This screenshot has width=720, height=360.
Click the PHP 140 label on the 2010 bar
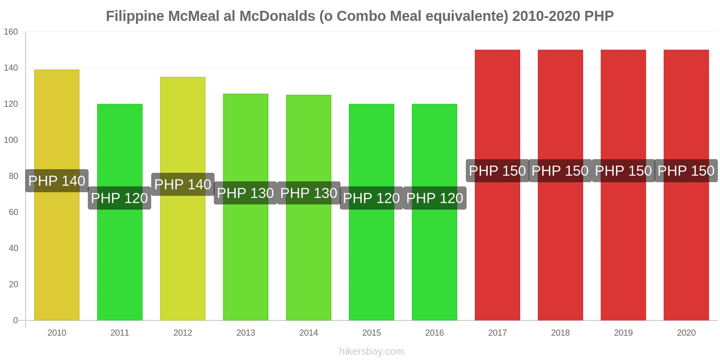(x=57, y=181)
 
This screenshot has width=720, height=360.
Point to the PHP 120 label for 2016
(x=435, y=198)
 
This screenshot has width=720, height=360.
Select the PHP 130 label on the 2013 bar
(x=245, y=193)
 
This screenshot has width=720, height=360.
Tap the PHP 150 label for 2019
(x=623, y=171)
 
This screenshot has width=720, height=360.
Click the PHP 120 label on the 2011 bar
(x=119, y=198)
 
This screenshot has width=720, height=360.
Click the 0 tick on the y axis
(x=15, y=320)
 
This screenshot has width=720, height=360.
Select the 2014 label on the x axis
(x=309, y=333)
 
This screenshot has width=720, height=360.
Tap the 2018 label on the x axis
(x=560, y=333)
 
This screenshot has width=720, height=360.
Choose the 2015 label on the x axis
(x=372, y=333)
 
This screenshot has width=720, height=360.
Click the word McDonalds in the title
(x=277, y=16)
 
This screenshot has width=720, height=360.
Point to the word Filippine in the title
(x=135, y=16)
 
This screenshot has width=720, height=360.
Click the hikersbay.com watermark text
(x=372, y=351)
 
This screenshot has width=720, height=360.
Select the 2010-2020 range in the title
(x=546, y=16)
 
